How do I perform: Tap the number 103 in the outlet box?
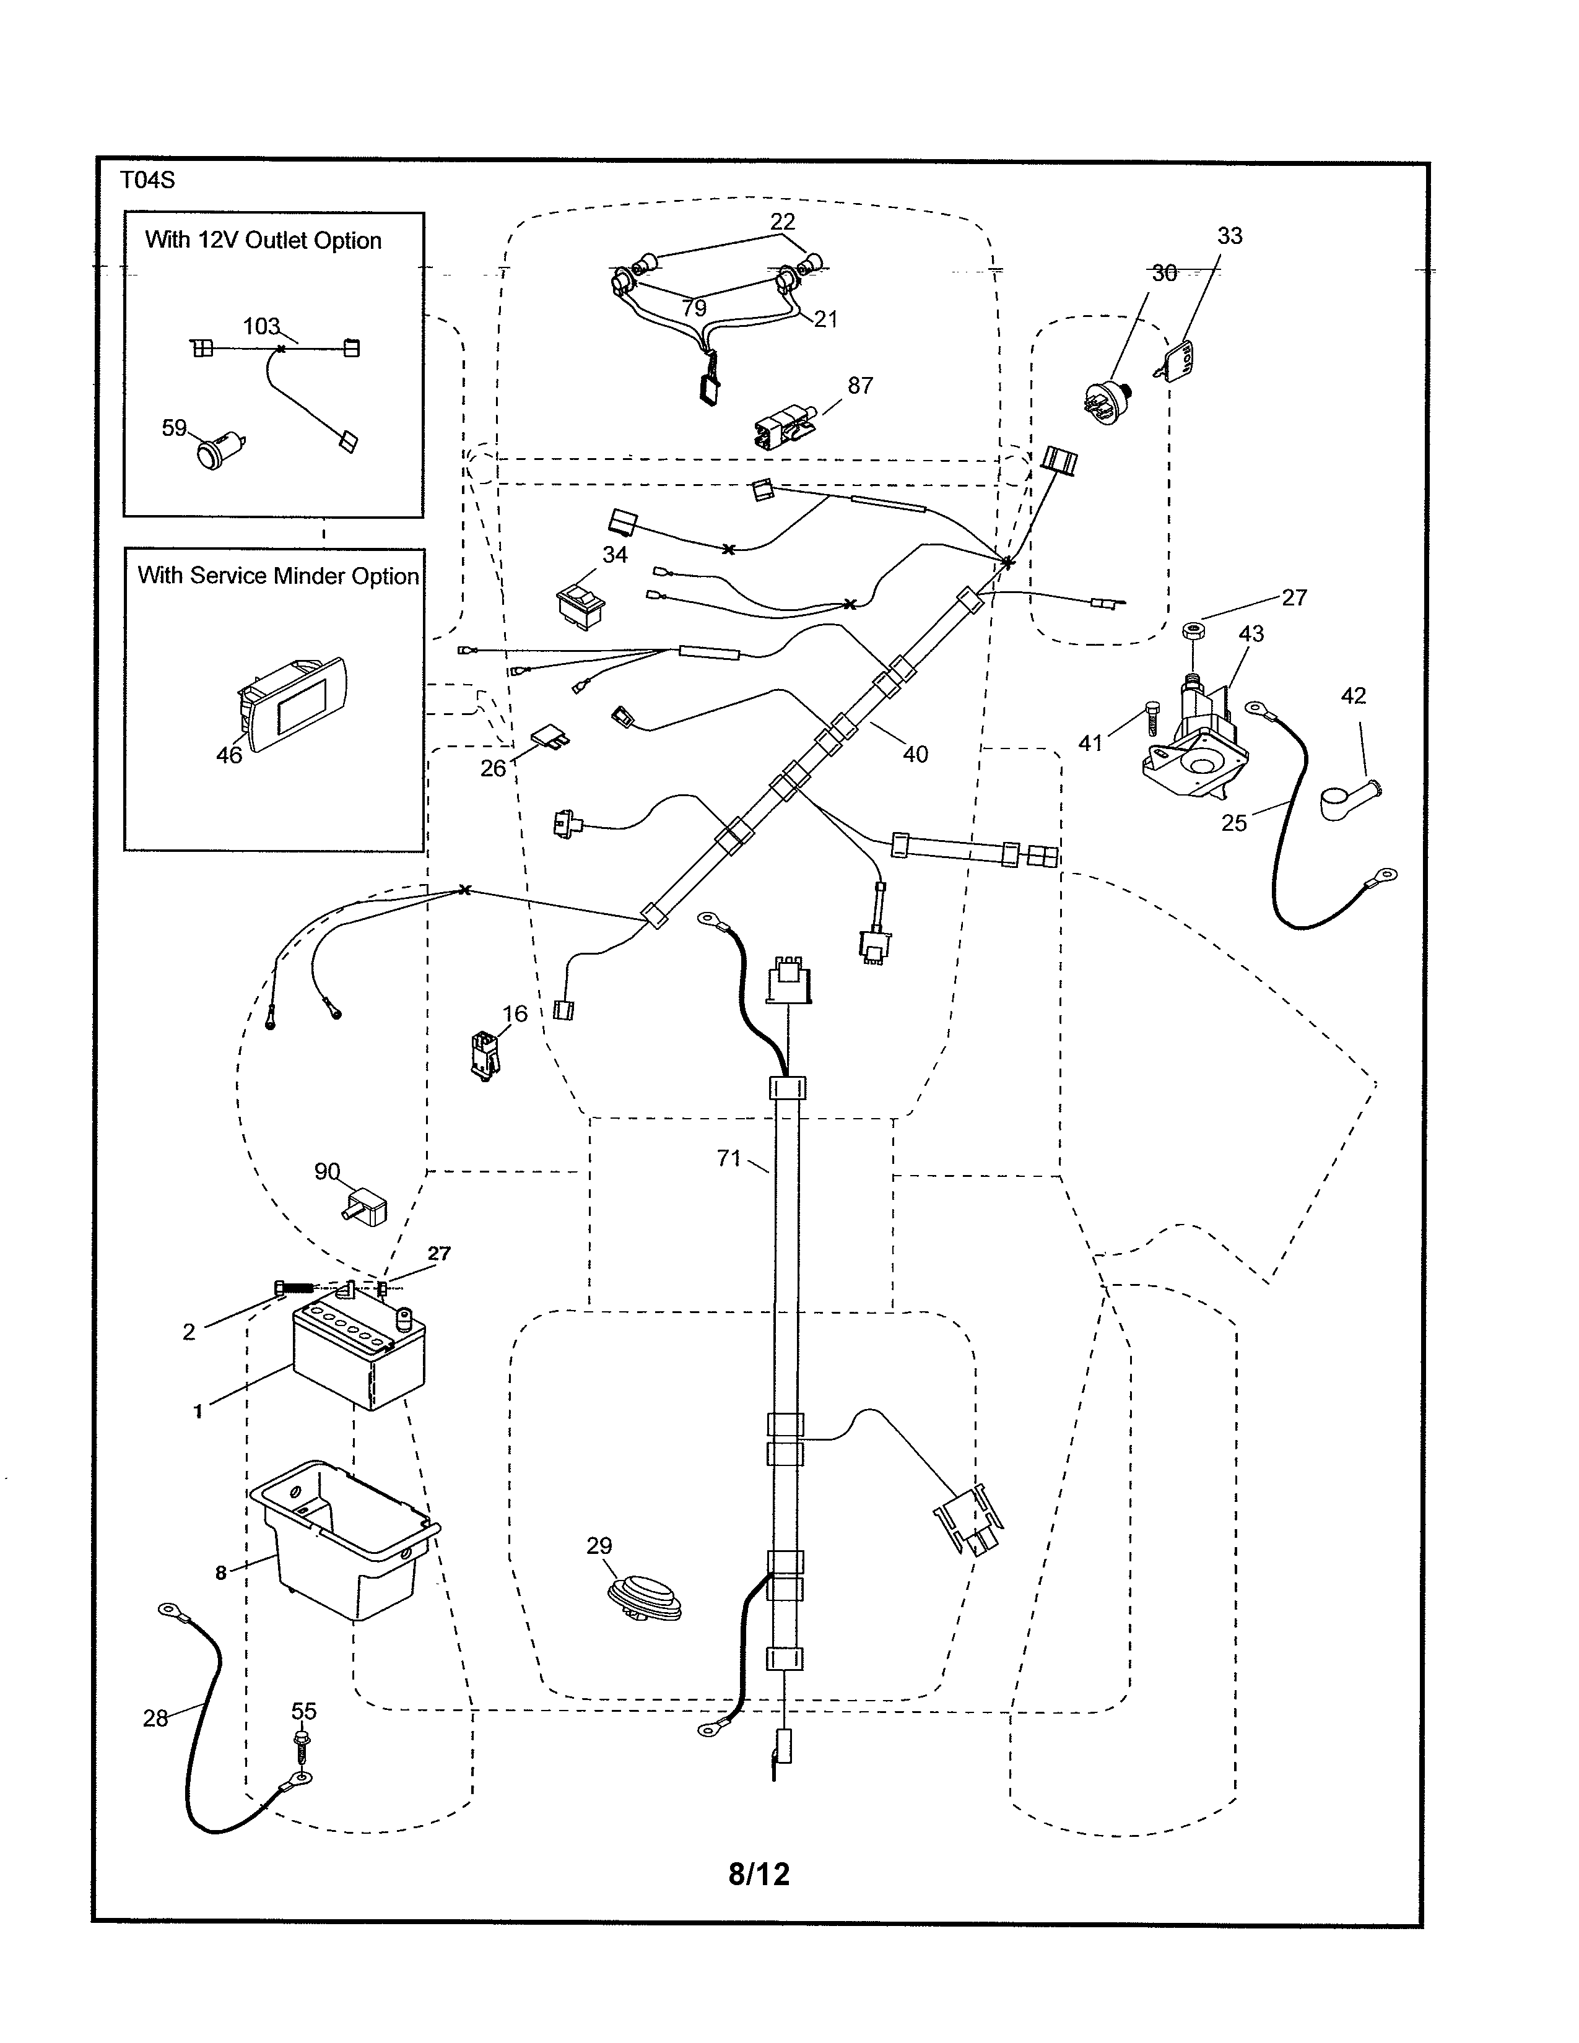(262, 326)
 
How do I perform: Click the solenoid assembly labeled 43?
(1198, 748)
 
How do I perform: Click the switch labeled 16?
(484, 1054)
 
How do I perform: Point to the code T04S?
(148, 181)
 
